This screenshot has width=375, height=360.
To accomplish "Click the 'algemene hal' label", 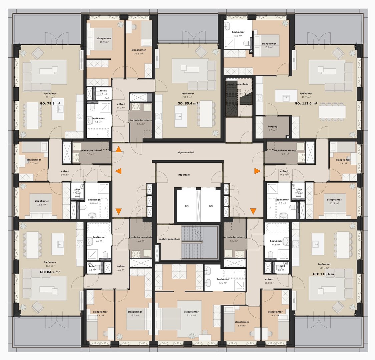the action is pos(186,152).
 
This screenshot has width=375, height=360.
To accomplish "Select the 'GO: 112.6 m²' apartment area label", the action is pos(306,103).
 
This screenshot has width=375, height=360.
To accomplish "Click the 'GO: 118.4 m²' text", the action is pos(324,274).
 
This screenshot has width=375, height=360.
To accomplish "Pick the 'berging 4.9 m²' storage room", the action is pos(273,128).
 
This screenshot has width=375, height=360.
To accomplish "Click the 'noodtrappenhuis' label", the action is pos(238,84).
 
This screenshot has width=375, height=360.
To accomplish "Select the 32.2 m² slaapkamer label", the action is pos(193,314).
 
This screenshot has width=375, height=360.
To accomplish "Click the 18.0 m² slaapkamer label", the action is pos(269,45).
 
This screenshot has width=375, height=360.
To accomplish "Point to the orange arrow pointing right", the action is pos(257,171).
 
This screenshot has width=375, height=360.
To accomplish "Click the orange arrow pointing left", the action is pos(118,171).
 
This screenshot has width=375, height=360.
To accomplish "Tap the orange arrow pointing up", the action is pos(118,150).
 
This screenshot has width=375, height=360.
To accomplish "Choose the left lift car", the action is pos(187,206).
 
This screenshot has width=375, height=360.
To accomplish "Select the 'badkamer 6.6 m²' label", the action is pos(223,281).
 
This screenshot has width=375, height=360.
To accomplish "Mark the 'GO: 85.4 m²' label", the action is pos(187,103).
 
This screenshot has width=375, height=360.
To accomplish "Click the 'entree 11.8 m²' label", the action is pos(269,281).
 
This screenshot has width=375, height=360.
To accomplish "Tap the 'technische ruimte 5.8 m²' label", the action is pos(285,152).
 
